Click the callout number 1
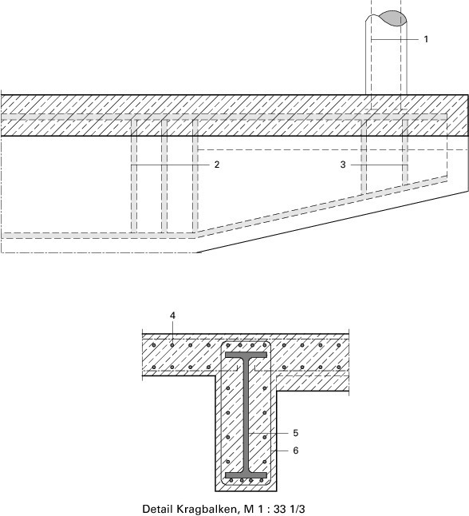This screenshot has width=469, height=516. pyautogui.click(x=426, y=39)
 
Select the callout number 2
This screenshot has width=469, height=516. pyautogui.click(x=217, y=165)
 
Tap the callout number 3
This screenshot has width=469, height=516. pyautogui.click(x=343, y=165)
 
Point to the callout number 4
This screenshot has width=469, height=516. pyautogui.click(x=172, y=316)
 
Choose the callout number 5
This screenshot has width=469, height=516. pyautogui.click(x=295, y=433)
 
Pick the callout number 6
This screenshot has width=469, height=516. pyautogui.click(x=295, y=451)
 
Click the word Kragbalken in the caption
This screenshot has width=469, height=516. pyautogui.click(x=205, y=509)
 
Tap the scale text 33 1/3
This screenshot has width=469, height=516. pyautogui.click(x=290, y=509)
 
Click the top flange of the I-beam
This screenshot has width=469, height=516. pyautogui.click(x=246, y=355)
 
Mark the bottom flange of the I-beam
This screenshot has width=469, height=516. pyautogui.click(x=246, y=475)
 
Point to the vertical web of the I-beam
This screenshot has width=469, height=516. pyautogui.click(x=246, y=415)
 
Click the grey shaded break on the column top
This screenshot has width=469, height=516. pyautogui.click(x=392, y=18)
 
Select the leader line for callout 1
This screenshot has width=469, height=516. pyautogui.click(x=395, y=39)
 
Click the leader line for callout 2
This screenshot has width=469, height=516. pyautogui.click(x=170, y=165)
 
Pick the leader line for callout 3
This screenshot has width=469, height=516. pyautogui.click(x=379, y=165)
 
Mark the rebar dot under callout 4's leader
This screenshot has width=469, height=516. pyautogui.click(x=172, y=345)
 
